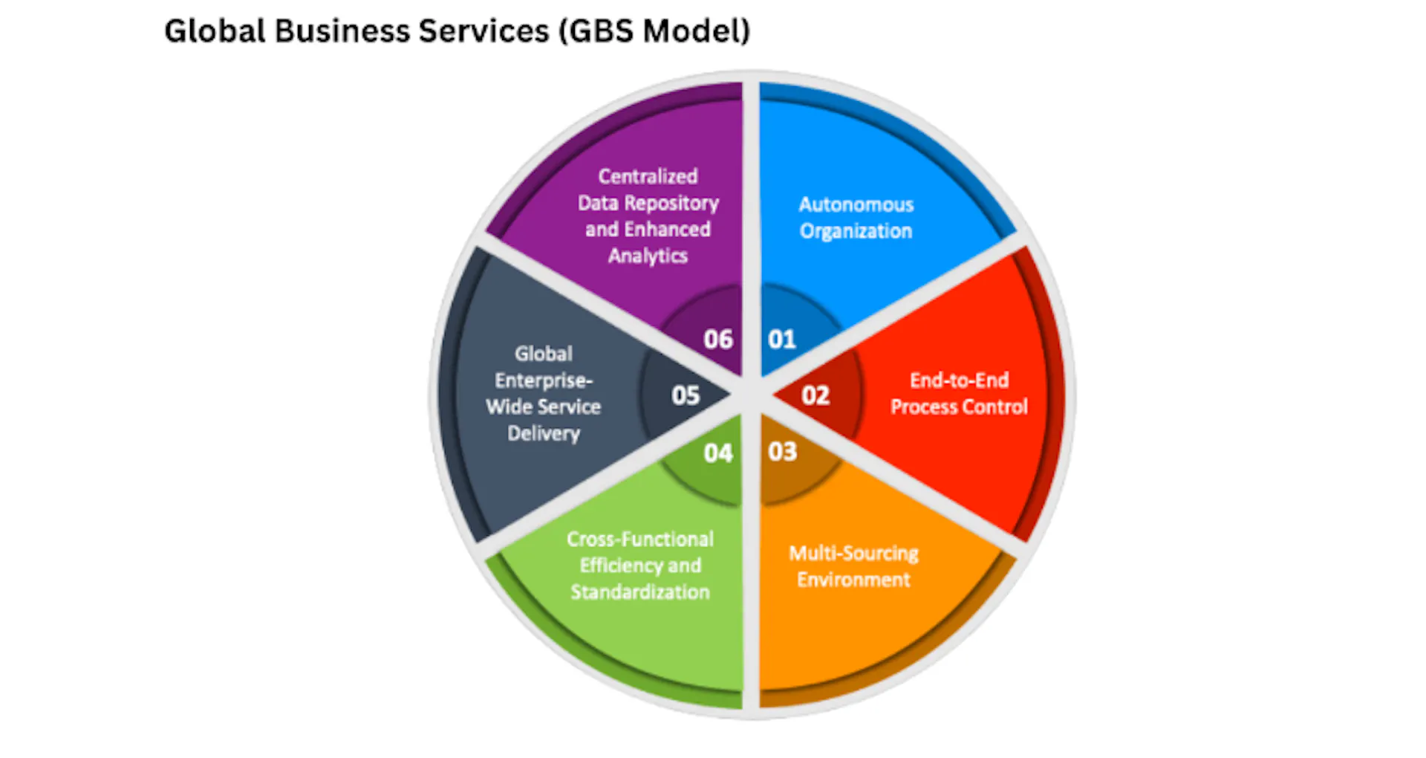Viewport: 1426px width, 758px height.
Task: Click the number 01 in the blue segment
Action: [782, 340]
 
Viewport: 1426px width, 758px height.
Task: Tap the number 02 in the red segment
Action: [815, 395]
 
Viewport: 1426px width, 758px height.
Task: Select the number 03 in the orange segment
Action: [782, 451]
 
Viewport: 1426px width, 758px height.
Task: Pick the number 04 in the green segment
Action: [718, 453]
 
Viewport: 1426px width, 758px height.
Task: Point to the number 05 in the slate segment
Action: [686, 395]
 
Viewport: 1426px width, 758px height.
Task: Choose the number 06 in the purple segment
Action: [718, 340]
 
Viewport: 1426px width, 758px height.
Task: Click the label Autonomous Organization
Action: [856, 218]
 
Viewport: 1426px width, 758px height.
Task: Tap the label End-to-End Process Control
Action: [959, 394]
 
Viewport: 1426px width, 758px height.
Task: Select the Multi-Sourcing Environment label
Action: [853, 566]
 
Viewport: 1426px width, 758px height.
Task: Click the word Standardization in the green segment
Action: [640, 592]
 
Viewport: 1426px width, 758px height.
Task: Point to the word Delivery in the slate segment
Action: [544, 433]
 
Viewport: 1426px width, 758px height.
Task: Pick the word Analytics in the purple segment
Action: [648, 256]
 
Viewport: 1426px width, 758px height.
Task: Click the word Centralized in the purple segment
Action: [648, 177]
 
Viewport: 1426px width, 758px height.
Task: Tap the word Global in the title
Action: [215, 31]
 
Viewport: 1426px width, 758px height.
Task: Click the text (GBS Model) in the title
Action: [654, 31]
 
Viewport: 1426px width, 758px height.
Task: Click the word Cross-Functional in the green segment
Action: [640, 540]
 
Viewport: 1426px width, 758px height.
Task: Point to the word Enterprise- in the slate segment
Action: [544, 380]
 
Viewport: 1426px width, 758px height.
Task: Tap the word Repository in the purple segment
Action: [671, 204]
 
